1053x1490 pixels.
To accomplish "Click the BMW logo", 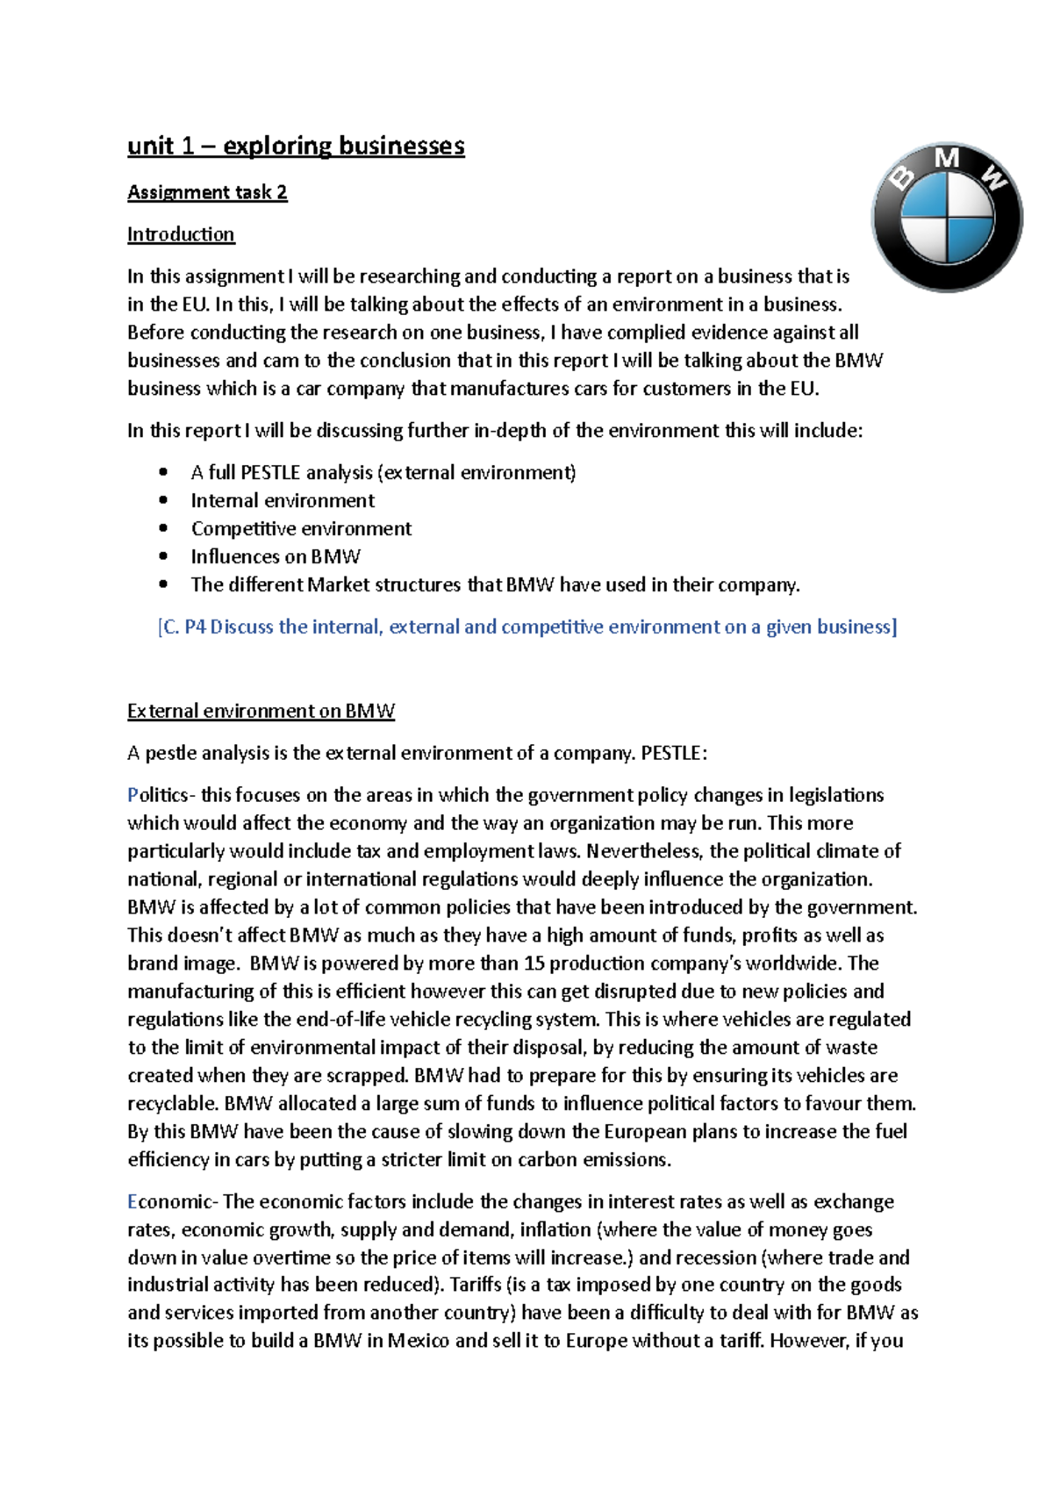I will (947, 217).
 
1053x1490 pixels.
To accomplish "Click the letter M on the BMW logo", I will (947, 159).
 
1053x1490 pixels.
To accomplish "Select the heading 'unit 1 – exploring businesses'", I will (296, 146).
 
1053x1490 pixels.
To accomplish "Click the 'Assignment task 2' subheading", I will (207, 192).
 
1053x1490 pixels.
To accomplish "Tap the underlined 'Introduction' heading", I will (181, 234).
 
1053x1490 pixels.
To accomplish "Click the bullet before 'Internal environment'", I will (163, 500).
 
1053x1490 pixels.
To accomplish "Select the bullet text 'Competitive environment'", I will (301, 528).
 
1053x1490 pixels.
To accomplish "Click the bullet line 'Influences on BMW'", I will (276, 556).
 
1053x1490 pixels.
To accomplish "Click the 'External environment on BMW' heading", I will (261, 711).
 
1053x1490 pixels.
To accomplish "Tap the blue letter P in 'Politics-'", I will (133, 795).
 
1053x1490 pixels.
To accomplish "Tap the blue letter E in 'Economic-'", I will (133, 1201).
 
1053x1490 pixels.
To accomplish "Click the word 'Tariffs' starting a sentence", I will (475, 1285).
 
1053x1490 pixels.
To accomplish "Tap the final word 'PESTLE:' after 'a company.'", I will (673, 753).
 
